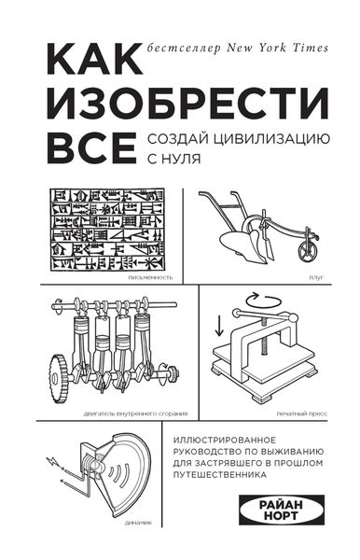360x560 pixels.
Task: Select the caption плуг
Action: [314, 278]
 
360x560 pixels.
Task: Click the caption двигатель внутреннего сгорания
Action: [126, 412]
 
